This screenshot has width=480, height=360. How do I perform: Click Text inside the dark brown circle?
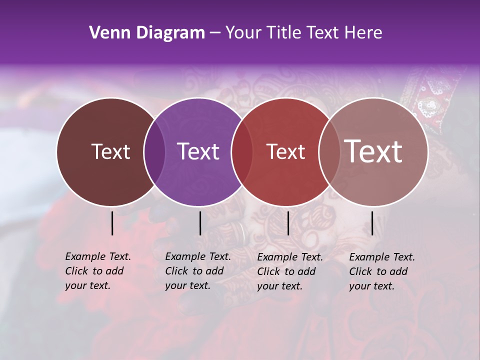tap(110, 151)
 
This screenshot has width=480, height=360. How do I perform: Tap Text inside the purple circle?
tap(198, 151)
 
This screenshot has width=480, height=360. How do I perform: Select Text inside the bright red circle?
tap(285, 151)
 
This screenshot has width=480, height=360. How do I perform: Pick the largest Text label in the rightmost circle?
tap(373, 151)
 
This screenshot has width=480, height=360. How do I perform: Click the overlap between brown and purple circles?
tap(154, 151)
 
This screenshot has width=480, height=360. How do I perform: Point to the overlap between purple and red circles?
tap(242, 151)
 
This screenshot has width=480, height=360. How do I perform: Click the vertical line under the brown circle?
tap(112, 223)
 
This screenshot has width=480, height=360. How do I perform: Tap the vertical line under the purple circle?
tap(200, 223)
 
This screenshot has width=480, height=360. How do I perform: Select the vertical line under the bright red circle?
tap(288, 223)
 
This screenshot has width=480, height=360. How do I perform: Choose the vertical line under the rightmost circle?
tap(372, 223)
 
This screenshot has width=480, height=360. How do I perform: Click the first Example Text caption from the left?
tap(97, 271)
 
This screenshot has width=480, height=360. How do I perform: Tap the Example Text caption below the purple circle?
tap(197, 271)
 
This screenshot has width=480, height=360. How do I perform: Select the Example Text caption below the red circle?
tap(289, 271)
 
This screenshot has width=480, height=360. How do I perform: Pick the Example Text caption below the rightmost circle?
tap(381, 271)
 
